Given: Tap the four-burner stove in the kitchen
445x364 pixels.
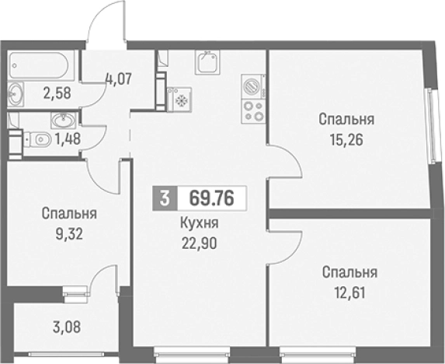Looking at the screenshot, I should (x=252, y=110).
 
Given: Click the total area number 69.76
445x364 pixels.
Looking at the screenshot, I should (x=207, y=197).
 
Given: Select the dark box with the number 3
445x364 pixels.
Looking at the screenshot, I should (x=163, y=197).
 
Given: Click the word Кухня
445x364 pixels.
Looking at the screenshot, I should (x=197, y=224).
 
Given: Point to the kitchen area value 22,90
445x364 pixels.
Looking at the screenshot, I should (x=197, y=241).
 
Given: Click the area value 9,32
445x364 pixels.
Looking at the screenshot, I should (x=70, y=231).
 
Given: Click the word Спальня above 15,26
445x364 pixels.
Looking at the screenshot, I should (x=346, y=120).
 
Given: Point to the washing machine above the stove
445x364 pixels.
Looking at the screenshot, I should (x=252, y=85).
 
